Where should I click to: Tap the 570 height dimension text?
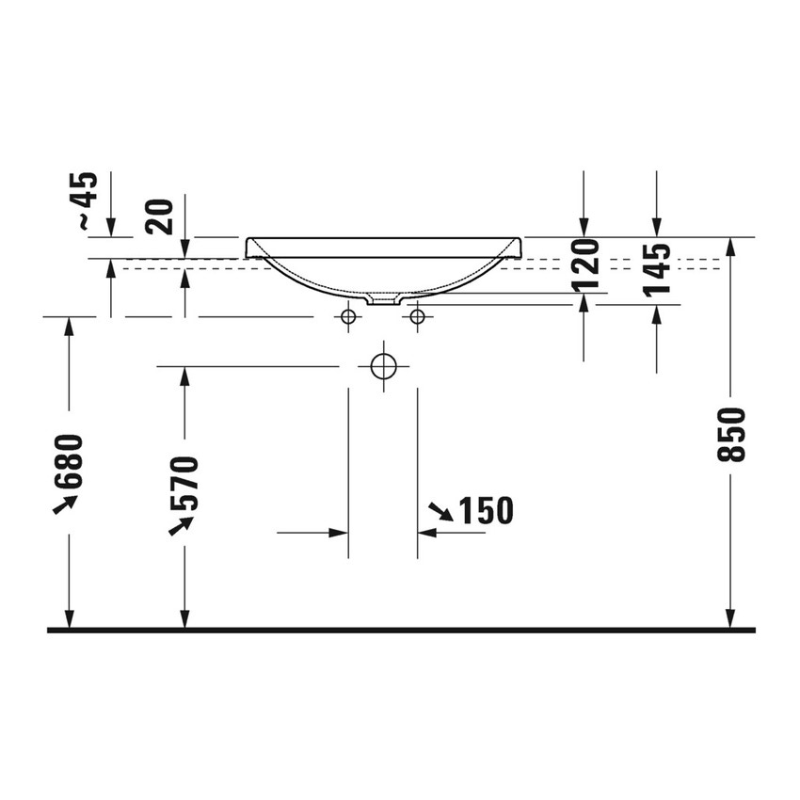184,482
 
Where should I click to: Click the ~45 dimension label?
86,200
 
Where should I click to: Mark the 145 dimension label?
658,268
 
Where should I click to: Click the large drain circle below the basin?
383,365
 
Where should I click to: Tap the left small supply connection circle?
348,317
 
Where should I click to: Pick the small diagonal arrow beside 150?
440,512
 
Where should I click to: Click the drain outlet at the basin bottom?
383,301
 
